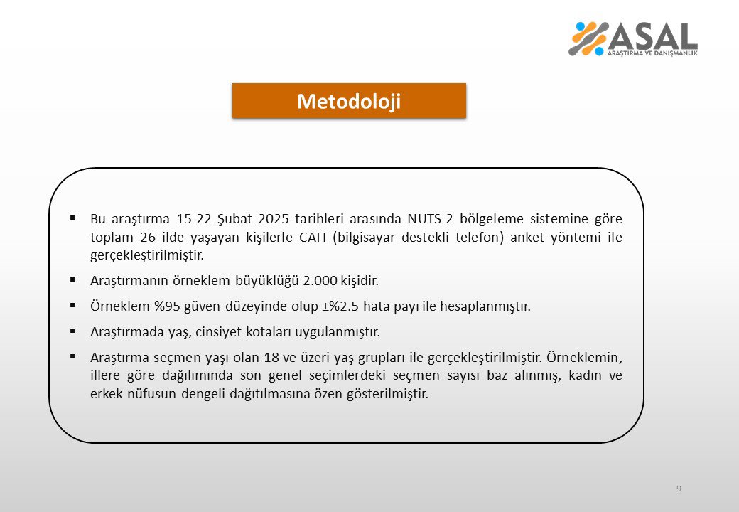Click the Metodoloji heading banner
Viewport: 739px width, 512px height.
tap(349, 101)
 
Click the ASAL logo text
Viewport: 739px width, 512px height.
tap(652, 36)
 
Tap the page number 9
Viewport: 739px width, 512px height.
tap(679, 489)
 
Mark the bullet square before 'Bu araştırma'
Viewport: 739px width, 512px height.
tap(73, 217)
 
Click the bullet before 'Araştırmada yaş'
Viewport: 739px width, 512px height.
tap(73, 331)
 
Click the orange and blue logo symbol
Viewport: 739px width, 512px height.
tap(588, 39)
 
